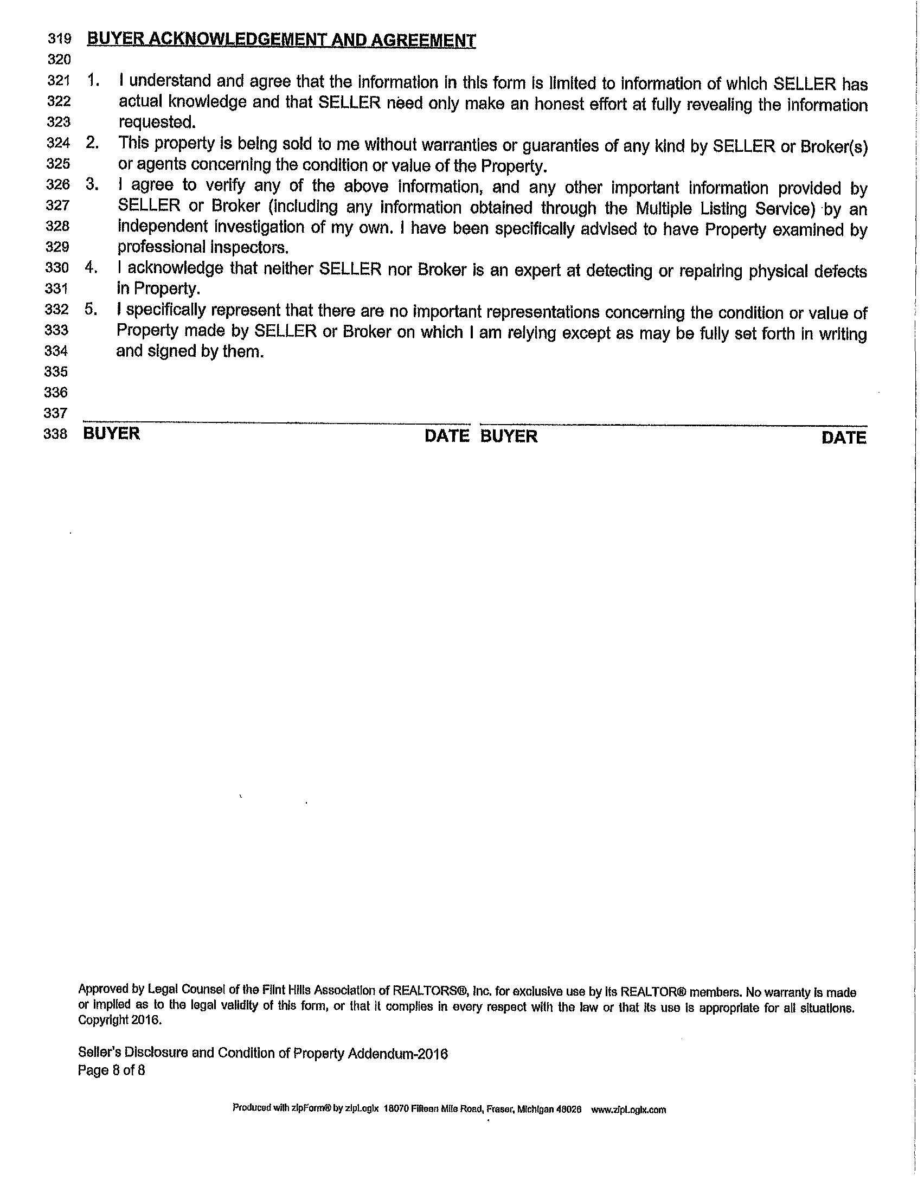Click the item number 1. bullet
coord(93,81)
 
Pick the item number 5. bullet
coord(91,310)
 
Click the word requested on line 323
coord(157,123)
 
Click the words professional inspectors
coord(203,248)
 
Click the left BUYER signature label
coord(111,434)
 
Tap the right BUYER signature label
coord(509,436)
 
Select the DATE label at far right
coord(844,438)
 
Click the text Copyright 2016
coord(120,1020)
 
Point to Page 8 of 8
coord(111,1070)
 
